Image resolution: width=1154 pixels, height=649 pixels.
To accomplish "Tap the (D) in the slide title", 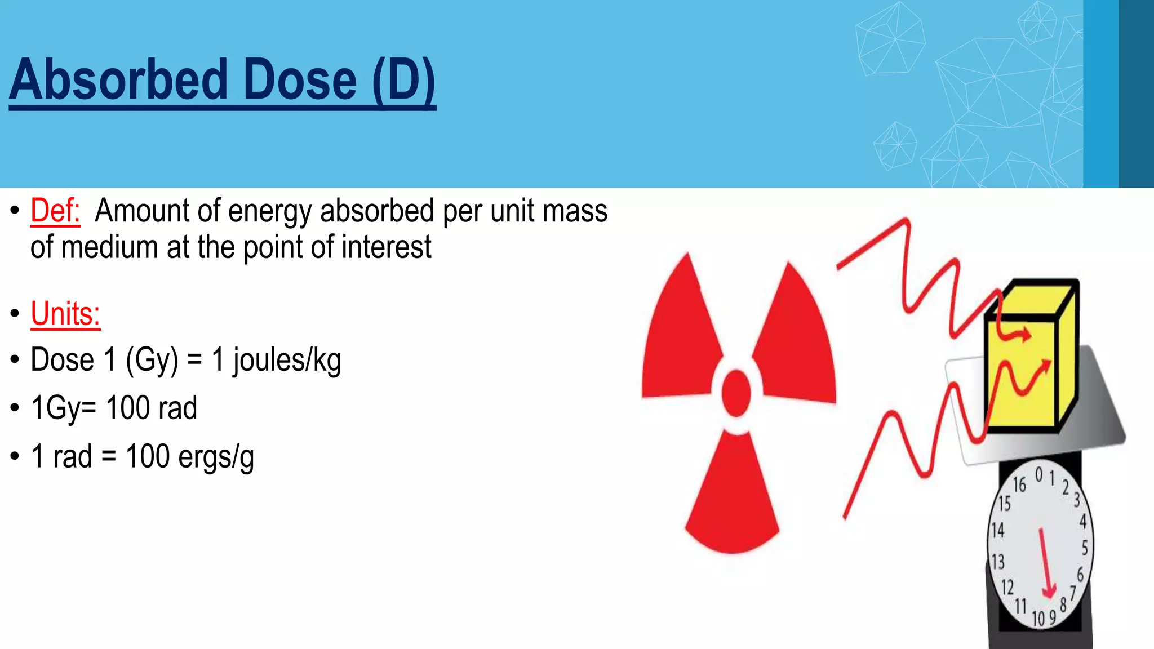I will coord(403,80).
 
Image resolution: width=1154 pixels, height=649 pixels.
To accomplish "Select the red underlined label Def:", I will coord(55,211).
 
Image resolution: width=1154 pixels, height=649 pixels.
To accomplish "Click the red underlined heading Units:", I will coord(65,314).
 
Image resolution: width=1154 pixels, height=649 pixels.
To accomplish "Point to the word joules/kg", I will coord(287,361).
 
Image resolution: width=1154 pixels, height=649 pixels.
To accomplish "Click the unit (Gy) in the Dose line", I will coord(152,361).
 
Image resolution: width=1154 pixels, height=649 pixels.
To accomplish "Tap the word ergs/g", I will coord(216,457).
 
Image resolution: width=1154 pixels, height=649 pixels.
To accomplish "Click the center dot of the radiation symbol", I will coord(736,392).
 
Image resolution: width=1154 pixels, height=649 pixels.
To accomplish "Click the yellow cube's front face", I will coord(1020,375).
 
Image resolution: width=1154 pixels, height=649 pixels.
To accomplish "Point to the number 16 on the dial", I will coord(1019,484).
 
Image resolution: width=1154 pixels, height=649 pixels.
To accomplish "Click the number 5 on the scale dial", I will coord(1085,547).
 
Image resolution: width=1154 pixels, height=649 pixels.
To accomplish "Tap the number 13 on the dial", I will coord(998,562).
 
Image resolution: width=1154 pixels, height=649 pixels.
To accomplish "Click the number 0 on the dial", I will coord(1039,475).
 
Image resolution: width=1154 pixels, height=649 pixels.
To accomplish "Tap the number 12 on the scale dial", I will coord(1007,588).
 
